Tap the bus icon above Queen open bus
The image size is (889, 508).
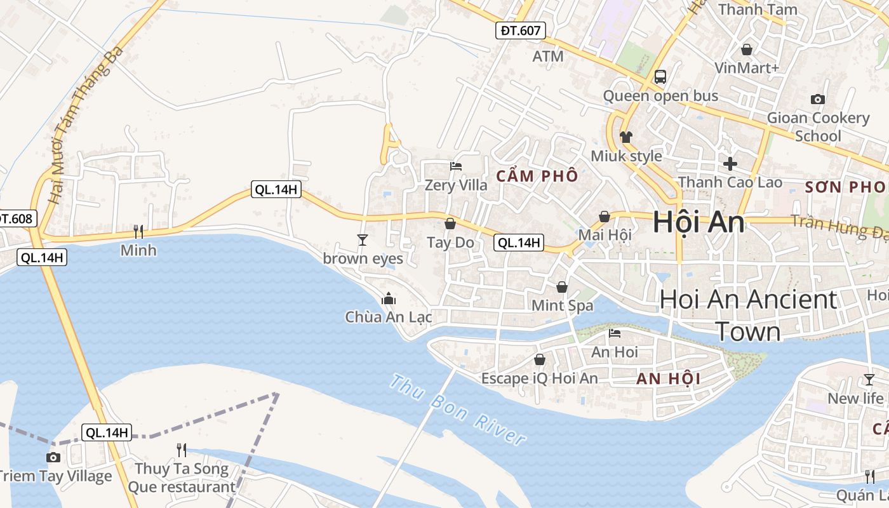coord(660,77)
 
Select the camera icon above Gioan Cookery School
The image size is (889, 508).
coord(818,99)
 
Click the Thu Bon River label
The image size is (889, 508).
coord(457,410)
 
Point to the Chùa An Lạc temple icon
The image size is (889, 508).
coord(388,298)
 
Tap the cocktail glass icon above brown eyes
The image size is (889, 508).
coord(363,239)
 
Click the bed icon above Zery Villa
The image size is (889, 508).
coord(456,166)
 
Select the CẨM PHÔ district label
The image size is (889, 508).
coord(537,176)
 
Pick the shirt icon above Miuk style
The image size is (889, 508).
coord(626,137)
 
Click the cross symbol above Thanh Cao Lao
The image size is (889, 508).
coord(730,163)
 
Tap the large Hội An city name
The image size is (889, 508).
coord(698,222)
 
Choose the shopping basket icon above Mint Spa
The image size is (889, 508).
coord(562,287)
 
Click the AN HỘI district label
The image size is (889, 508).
coord(668,379)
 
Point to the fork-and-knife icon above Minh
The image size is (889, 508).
coord(138,231)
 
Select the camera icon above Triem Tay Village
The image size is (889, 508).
coord(54,457)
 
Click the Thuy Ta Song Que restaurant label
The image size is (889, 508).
coord(182,478)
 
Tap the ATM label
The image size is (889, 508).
coord(548,57)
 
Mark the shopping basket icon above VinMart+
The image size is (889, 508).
coord(747,49)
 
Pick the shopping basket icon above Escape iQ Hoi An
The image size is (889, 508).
coord(540,359)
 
